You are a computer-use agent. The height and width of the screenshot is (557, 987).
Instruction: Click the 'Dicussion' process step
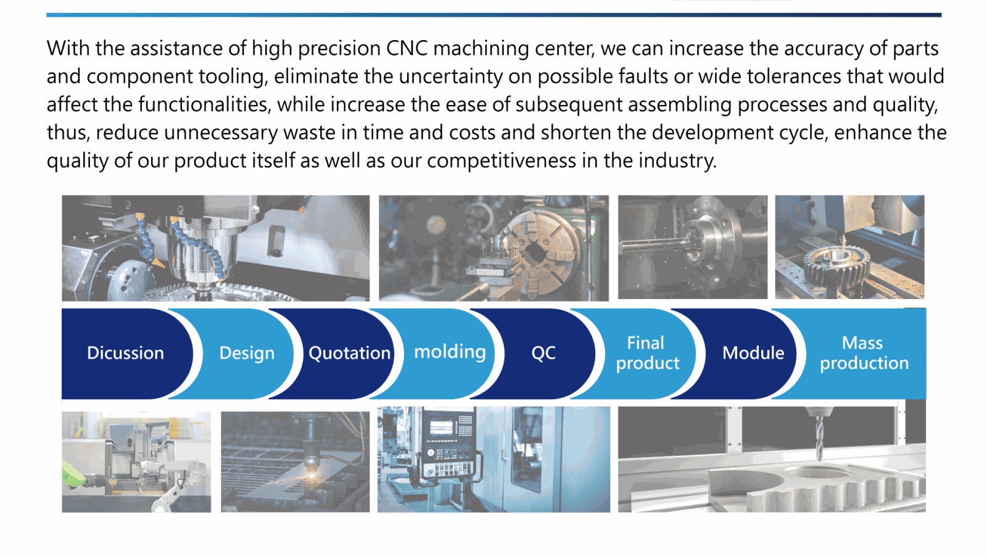(126, 353)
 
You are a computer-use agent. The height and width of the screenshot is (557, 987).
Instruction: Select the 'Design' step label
(247, 353)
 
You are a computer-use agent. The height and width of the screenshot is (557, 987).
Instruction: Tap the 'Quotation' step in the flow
(349, 353)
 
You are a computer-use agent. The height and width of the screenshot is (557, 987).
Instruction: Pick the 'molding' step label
(450, 352)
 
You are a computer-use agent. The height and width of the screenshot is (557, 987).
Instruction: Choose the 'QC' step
(543, 353)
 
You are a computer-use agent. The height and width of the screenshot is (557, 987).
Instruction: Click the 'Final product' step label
(647, 353)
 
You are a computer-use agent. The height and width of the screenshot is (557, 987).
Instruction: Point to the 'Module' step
(753, 353)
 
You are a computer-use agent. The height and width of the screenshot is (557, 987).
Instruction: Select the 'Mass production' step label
(864, 353)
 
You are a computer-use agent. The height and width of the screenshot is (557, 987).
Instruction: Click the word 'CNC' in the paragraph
(407, 48)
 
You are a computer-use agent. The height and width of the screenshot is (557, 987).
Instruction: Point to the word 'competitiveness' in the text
(502, 160)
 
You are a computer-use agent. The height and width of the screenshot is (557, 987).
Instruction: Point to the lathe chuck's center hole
(536, 253)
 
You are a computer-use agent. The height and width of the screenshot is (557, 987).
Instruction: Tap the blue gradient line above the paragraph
(493, 15)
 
